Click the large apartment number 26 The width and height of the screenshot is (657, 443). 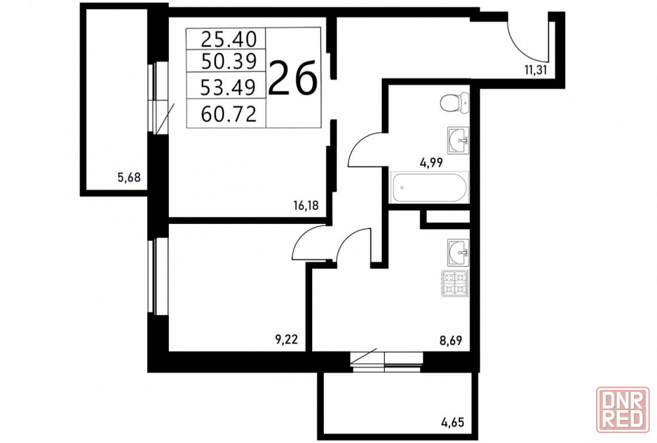(292, 77)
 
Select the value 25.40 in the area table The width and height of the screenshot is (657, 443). (229, 39)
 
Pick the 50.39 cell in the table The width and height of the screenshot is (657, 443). (229, 62)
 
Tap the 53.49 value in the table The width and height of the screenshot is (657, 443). (229, 87)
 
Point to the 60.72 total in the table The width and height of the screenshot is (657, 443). (229, 114)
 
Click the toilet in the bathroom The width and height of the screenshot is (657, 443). (454, 102)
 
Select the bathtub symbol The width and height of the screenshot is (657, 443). (429, 188)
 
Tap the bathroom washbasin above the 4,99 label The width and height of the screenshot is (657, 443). (458, 140)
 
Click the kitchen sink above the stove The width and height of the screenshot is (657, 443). (458, 253)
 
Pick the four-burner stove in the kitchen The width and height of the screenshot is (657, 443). (455, 284)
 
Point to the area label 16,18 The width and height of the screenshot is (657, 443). (306, 205)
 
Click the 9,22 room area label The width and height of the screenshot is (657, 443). (286, 339)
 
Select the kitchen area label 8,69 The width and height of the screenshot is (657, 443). (451, 340)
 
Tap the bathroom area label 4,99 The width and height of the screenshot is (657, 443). (431, 162)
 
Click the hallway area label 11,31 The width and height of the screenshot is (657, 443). (535, 70)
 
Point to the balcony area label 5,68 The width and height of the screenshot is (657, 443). (129, 178)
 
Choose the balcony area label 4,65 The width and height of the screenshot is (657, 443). (453, 421)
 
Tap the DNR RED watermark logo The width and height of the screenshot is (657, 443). (623, 410)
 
